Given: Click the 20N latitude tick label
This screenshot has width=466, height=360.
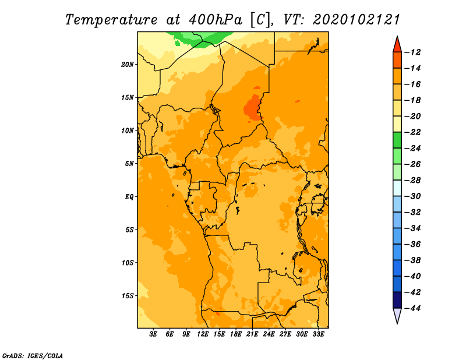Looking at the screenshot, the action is [x=127, y=65].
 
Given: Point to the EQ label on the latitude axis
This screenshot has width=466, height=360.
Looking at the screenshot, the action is [x=129, y=197].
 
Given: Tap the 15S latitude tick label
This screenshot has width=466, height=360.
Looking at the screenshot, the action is [x=127, y=296].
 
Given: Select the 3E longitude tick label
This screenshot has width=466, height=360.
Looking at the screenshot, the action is [x=153, y=334].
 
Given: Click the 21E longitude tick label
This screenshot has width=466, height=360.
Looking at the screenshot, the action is [x=252, y=334].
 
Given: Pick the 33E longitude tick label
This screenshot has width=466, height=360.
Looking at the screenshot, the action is [x=318, y=334].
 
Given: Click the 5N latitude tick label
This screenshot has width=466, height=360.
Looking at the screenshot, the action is [x=129, y=164].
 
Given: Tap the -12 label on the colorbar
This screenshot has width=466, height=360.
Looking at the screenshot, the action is [x=412, y=52].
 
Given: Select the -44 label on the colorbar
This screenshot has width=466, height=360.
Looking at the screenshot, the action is [x=412, y=308].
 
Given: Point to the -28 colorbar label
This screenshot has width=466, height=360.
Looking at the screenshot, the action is [x=412, y=181].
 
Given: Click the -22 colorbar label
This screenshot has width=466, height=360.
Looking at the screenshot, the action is [x=412, y=132].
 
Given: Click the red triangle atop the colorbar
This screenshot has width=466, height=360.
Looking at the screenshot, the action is [x=397, y=45].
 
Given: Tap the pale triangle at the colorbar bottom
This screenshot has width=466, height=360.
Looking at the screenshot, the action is [x=397, y=315].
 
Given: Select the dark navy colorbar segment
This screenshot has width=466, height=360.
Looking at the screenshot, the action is [x=397, y=300].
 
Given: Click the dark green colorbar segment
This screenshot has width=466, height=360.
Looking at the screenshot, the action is [x=397, y=140].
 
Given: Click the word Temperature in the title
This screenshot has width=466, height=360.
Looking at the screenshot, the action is [x=111, y=20].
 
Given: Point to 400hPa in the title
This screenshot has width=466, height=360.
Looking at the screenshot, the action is [x=216, y=20].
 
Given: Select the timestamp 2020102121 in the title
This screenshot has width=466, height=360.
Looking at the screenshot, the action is [x=356, y=20].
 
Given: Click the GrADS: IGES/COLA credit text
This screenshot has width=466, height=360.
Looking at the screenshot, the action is [x=33, y=355].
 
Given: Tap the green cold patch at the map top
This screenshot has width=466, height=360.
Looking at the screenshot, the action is [x=202, y=38].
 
